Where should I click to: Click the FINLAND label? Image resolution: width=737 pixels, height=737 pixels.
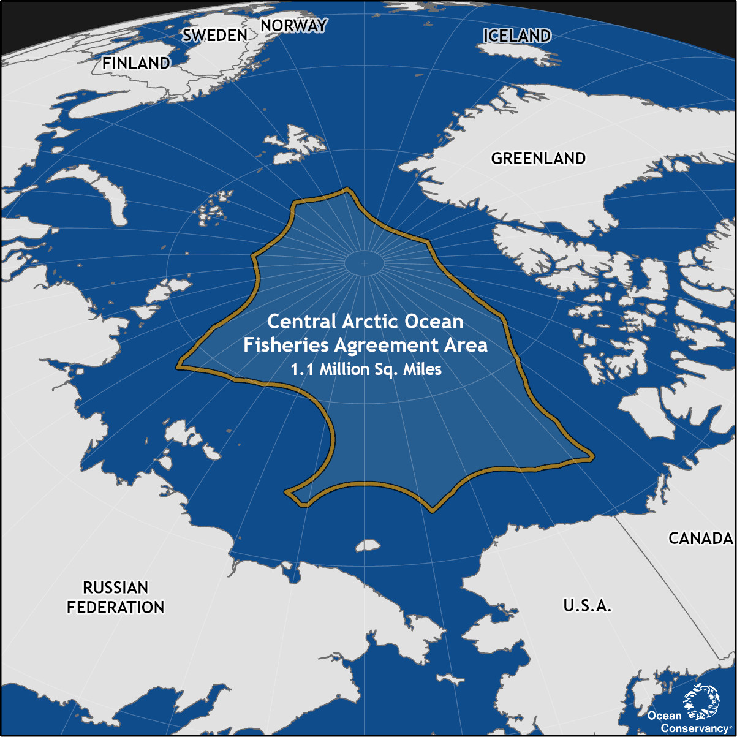tap(136, 63)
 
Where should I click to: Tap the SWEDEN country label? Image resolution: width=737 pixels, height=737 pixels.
tap(215, 36)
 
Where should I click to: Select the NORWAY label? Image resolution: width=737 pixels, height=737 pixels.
tap(293, 26)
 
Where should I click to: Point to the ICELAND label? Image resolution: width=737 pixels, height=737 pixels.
tap(517, 36)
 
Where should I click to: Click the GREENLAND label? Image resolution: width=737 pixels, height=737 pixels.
tap(539, 158)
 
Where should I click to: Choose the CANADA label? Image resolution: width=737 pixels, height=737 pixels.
tap(701, 539)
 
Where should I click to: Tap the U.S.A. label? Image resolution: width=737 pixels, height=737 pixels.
tap(587, 606)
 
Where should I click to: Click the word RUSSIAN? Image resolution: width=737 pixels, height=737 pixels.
tap(116, 588)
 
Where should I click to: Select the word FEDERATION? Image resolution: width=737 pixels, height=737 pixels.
tap(116, 608)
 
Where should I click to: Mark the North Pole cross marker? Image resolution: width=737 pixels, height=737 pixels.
tap(364, 263)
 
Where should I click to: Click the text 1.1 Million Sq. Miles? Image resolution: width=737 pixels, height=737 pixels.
tap(366, 370)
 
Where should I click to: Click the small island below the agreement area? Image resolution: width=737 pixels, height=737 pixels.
tap(368, 545)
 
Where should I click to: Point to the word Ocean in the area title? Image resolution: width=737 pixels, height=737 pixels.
tap(436, 322)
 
